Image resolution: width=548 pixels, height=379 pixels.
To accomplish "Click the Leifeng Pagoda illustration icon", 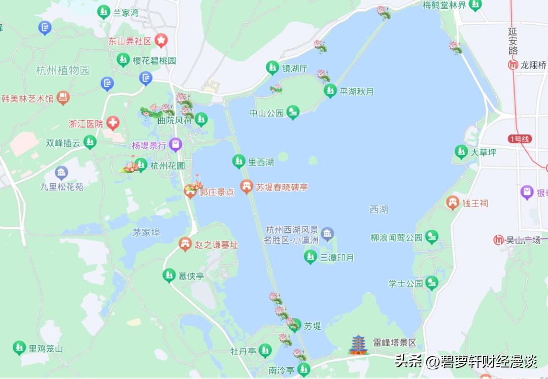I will click(x=358, y=344).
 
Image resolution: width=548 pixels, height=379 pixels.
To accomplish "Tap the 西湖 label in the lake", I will click(x=379, y=210).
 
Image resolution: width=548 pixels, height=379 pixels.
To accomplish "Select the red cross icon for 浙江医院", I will click(x=113, y=123).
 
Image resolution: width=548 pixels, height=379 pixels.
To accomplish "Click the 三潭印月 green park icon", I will click(x=310, y=257).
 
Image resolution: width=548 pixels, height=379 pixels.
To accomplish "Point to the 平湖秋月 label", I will click(x=357, y=92).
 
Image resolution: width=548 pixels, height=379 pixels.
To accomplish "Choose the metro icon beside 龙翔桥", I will click(x=513, y=65).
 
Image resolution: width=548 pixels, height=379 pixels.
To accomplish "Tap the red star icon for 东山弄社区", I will click(x=161, y=41).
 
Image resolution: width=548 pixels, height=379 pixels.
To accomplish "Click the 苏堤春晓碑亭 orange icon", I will click(x=247, y=187).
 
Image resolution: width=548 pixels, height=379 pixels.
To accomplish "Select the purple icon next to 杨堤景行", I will click(x=176, y=146).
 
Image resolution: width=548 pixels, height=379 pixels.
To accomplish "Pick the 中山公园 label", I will click(x=266, y=113).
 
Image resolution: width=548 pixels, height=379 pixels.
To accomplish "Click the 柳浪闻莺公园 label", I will click(x=396, y=237).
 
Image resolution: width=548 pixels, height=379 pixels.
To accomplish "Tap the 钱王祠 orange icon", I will click(x=452, y=203).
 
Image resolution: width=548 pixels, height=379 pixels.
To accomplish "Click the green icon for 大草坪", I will click(x=461, y=152).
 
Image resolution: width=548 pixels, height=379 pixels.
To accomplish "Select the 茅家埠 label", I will click(x=146, y=232).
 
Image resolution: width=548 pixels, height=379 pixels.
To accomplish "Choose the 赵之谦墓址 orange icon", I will click(x=185, y=245).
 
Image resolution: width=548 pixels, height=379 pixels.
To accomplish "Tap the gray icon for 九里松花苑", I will click(x=61, y=173).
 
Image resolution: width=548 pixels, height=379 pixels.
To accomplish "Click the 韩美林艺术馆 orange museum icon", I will click(x=63, y=98).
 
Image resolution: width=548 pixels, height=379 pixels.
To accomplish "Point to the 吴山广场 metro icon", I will click(x=499, y=240).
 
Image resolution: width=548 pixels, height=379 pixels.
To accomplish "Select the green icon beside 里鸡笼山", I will click(x=19, y=348).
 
